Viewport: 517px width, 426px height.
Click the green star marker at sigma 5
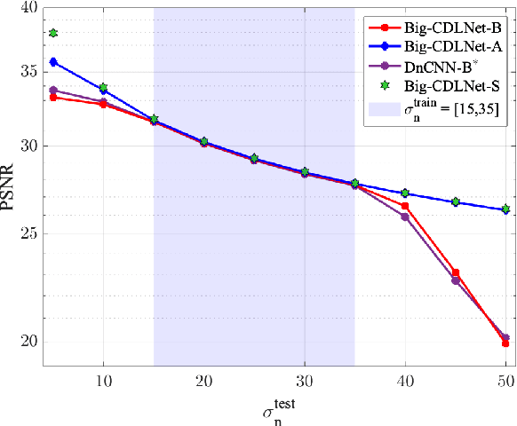pyautogui.click(x=53, y=33)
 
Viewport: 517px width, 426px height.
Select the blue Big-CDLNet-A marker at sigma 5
pyautogui.click(x=53, y=62)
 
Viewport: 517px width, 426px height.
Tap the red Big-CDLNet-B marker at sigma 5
pyautogui.click(x=53, y=97)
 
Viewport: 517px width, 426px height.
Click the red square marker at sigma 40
pyautogui.click(x=405, y=206)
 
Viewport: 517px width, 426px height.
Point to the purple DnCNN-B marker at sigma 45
pyautogui.click(x=456, y=280)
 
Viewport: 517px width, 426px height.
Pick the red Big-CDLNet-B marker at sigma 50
pyautogui.click(x=505, y=343)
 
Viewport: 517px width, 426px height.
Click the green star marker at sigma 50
pyautogui.click(x=505, y=209)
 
